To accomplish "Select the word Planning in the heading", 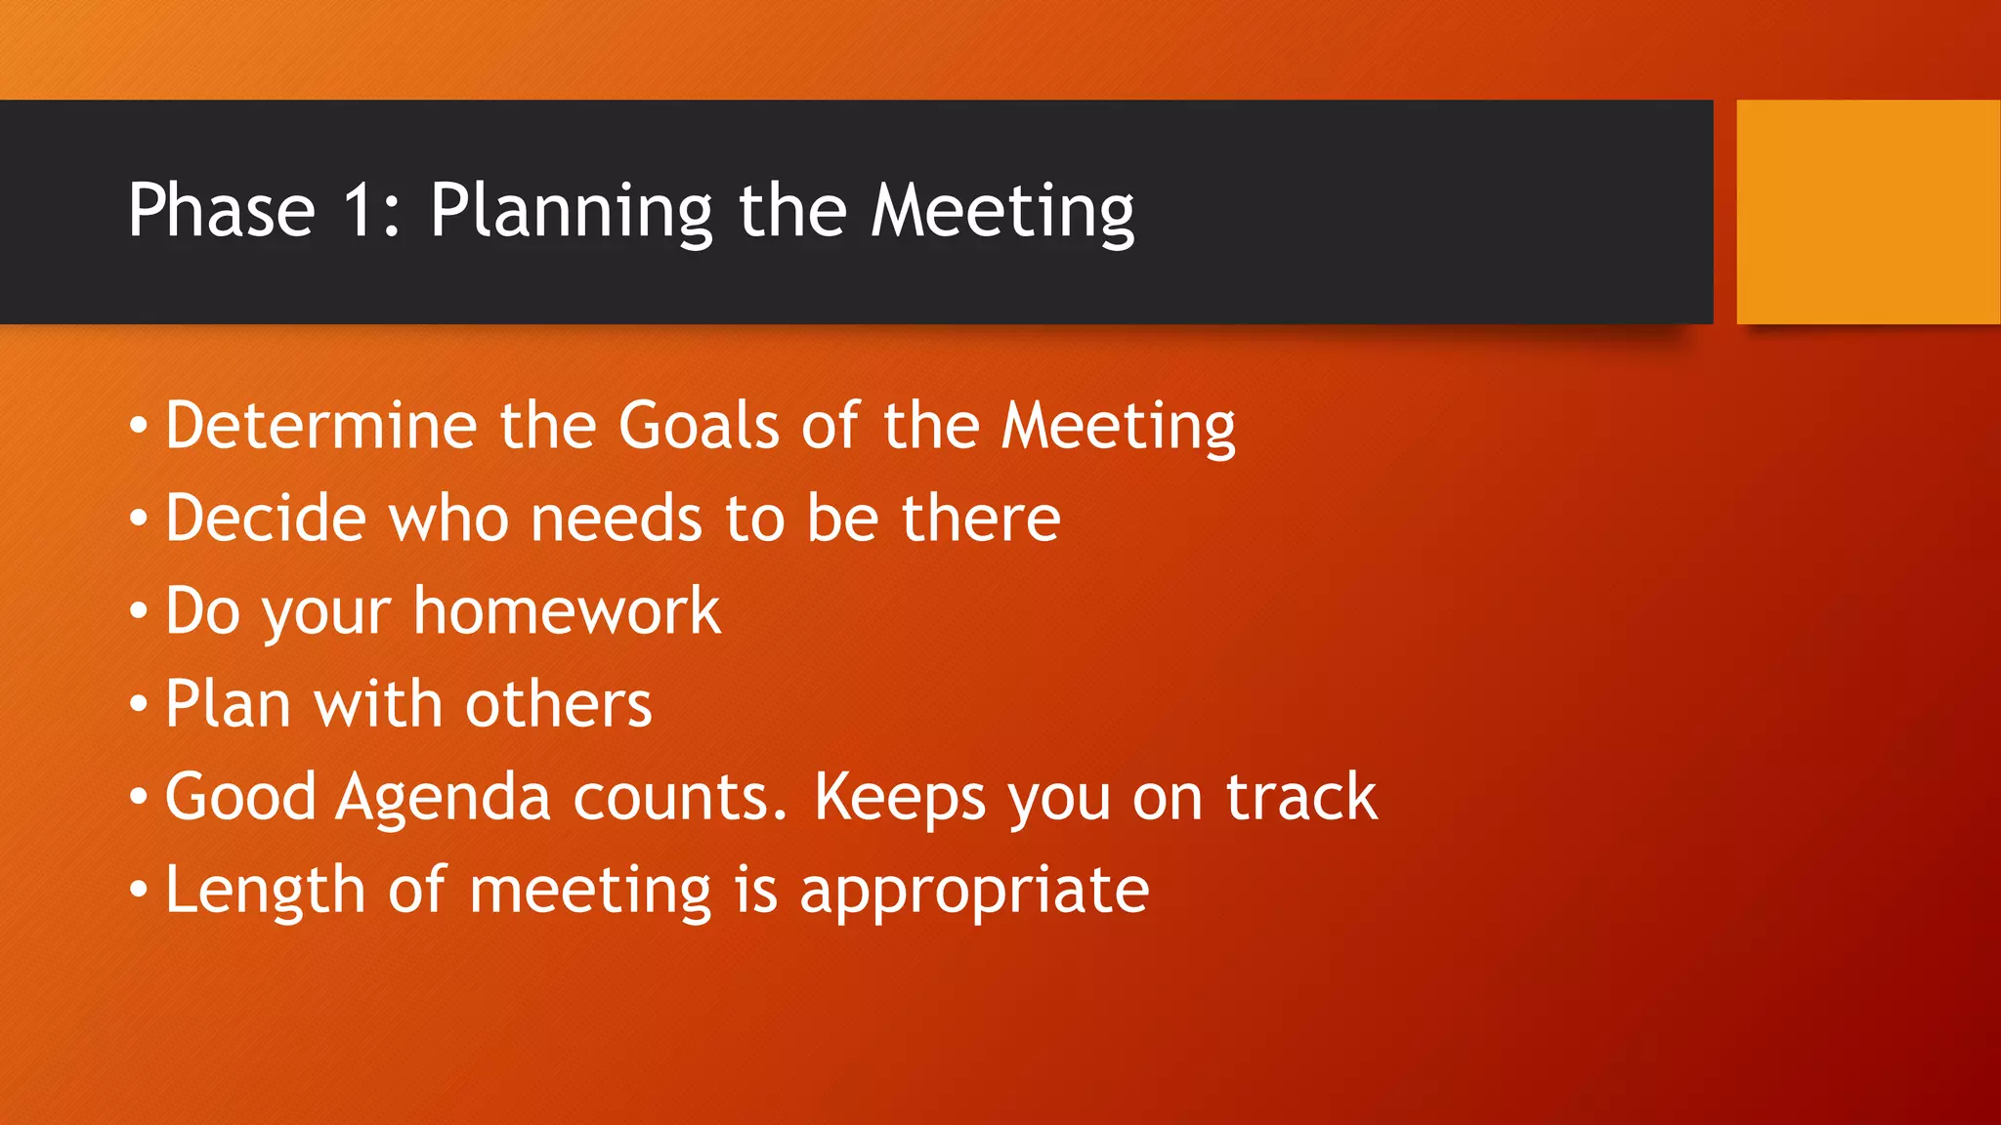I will [572, 212].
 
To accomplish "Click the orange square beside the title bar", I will [1868, 211].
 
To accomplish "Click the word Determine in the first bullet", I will [321, 426].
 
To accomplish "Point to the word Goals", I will [699, 426].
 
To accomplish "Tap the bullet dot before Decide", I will [139, 519].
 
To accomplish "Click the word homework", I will [567, 611].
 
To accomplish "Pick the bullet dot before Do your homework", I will [139, 612].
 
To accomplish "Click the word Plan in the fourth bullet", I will [228, 703].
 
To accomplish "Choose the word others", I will [558, 704].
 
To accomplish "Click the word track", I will [1301, 797].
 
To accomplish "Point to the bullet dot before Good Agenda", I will [139, 798].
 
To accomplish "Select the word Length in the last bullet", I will [265, 891].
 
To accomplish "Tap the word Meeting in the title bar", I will [1002, 212].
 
